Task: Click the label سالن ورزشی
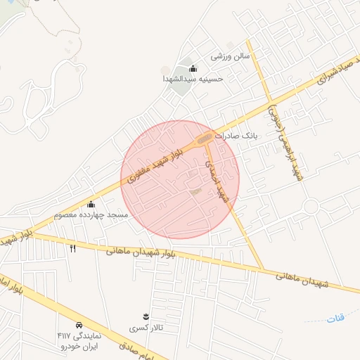point(226,55)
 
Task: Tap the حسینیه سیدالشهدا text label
point(193,79)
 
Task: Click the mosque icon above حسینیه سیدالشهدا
point(193,67)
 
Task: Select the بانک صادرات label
point(237,134)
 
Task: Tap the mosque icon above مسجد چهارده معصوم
point(91,204)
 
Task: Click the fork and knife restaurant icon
point(72,247)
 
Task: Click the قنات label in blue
point(335,319)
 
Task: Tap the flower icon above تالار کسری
point(146,316)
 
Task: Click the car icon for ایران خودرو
point(79,326)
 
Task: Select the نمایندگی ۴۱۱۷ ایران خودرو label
point(78,341)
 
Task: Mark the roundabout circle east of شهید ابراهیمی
point(310,206)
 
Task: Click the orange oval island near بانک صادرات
point(205,138)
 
